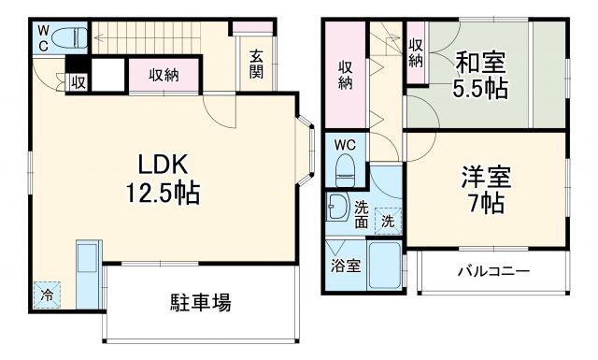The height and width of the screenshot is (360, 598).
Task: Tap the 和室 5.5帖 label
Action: [x=481, y=77]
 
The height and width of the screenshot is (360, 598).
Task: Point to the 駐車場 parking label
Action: [x=201, y=303]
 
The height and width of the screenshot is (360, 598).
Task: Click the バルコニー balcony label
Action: [x=492, y=271]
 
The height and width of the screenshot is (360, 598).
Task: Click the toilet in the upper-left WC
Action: [x=68, y=37]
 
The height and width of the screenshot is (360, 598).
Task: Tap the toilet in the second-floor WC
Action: [x=345, y=169]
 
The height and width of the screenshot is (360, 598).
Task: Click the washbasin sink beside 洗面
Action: [x=337, y=209]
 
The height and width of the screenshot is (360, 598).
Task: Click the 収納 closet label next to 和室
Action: [x=416, y=53]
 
